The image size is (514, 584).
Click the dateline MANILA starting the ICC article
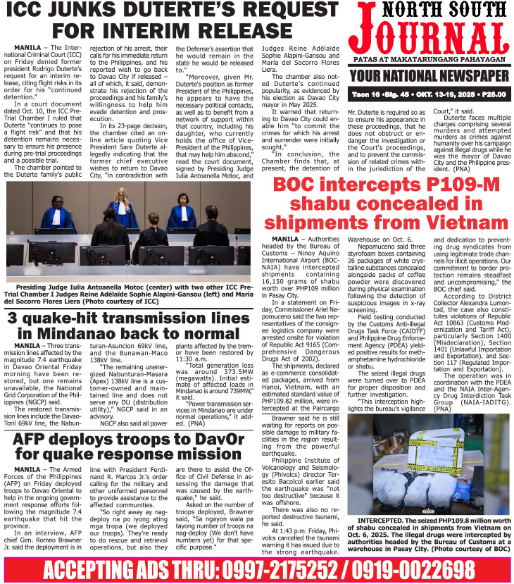tap(27, 46)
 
